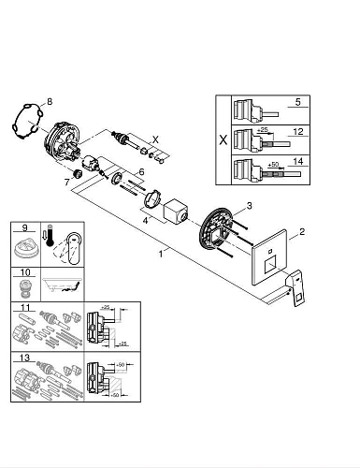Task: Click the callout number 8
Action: tap(50, 100)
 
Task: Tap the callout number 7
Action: tap(66, 182)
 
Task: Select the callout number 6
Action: tap(141, 171)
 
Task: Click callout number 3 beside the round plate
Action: tap(248, 206)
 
